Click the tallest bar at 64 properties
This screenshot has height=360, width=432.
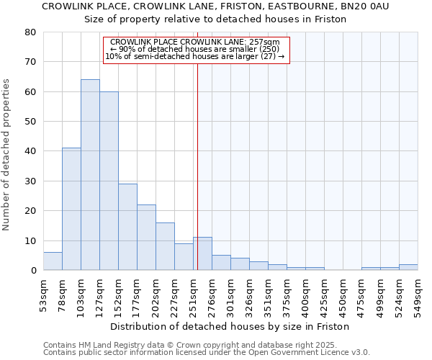[90, 175]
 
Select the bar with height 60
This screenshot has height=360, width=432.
[109, 181]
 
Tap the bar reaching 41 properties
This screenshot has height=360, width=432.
[71, 209]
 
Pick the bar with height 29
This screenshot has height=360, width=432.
[127, 227]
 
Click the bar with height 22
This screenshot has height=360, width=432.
[146, 238]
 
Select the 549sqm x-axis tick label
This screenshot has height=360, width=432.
[418, 294]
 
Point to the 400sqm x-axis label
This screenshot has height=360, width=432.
[305, 294]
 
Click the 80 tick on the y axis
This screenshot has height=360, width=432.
[30, 32]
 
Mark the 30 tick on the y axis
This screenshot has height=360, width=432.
[30, 181]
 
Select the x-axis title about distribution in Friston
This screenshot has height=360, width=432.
[230, 326]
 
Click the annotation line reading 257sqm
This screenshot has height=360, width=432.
[195, 42]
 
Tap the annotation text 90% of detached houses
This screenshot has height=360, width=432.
[195, 49]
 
